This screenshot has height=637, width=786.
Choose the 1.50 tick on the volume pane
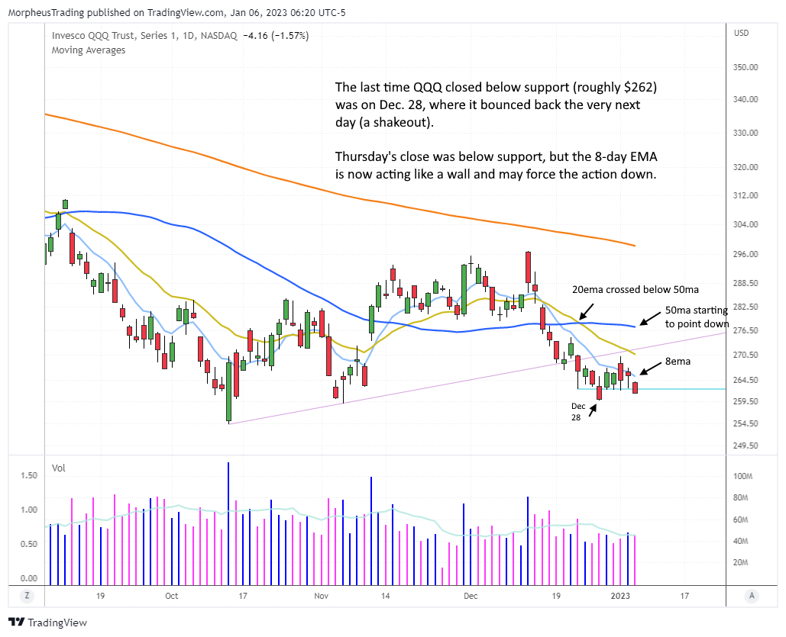[29, 475]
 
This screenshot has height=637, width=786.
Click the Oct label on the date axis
[171, 596]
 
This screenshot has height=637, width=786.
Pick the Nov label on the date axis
[320, 596]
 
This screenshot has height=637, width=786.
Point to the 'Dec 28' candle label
[579, 412]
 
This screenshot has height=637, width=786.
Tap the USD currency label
[740, 34]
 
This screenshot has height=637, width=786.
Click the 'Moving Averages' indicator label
[89, 50]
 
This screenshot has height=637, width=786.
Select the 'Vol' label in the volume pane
[59, 467]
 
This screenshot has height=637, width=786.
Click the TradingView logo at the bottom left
[47, 623]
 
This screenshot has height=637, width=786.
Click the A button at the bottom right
[752, 596]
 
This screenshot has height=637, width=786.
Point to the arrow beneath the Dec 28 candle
[593, 410]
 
